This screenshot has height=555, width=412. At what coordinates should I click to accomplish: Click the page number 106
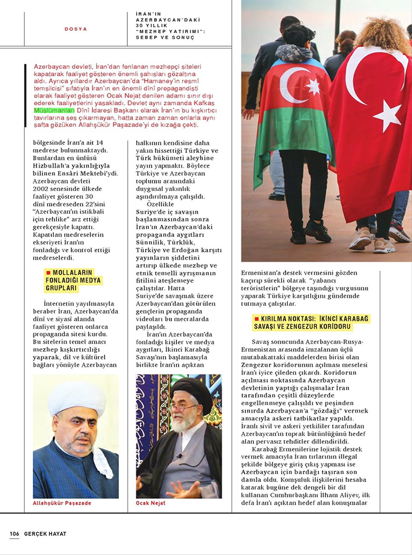tap(14, 534)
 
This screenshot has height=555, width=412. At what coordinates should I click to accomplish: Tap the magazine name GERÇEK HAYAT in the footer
tap(44, 534)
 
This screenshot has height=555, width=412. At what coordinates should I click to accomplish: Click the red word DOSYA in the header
tap(76, 29)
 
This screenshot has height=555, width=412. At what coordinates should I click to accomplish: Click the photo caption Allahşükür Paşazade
tap(62, 503)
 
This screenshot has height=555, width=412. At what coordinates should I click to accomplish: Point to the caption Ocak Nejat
tap(151, 503)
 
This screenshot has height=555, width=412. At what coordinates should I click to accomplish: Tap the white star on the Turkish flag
tap(387, 115)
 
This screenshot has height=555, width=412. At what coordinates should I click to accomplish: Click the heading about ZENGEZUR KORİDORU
tap(312, 322)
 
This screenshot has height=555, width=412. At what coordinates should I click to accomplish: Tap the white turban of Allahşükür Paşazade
tap(77, 397)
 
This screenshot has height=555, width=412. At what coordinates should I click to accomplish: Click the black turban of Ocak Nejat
tap(192, 389)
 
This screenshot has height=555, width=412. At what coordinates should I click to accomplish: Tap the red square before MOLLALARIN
tap(48, 272)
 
